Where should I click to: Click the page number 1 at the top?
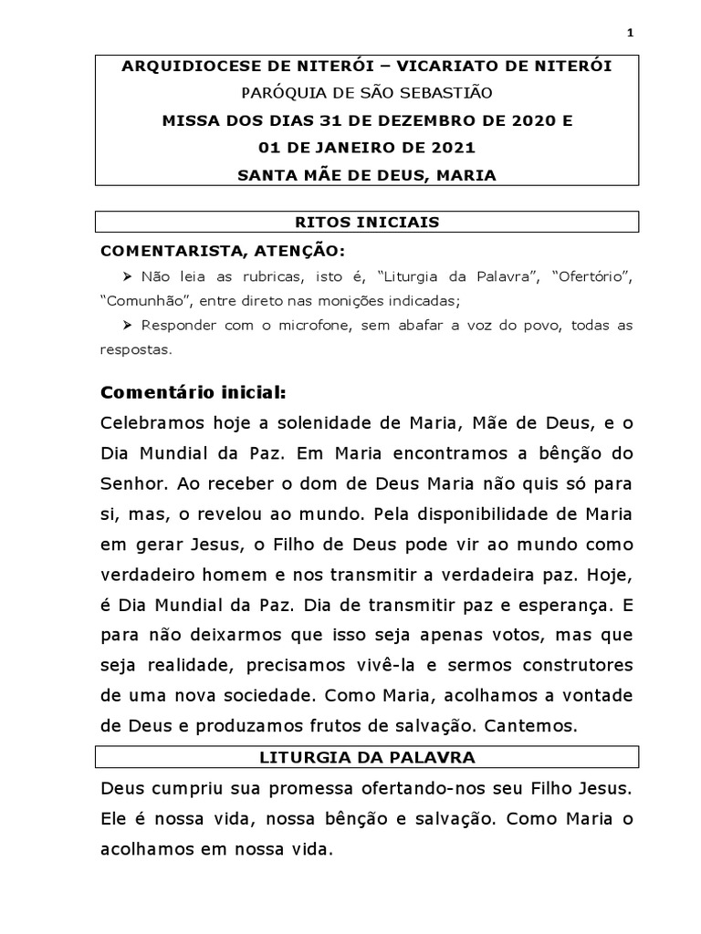630,34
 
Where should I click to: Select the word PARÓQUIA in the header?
278,94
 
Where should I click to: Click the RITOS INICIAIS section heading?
369,222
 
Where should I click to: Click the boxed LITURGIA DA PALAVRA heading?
369,756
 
